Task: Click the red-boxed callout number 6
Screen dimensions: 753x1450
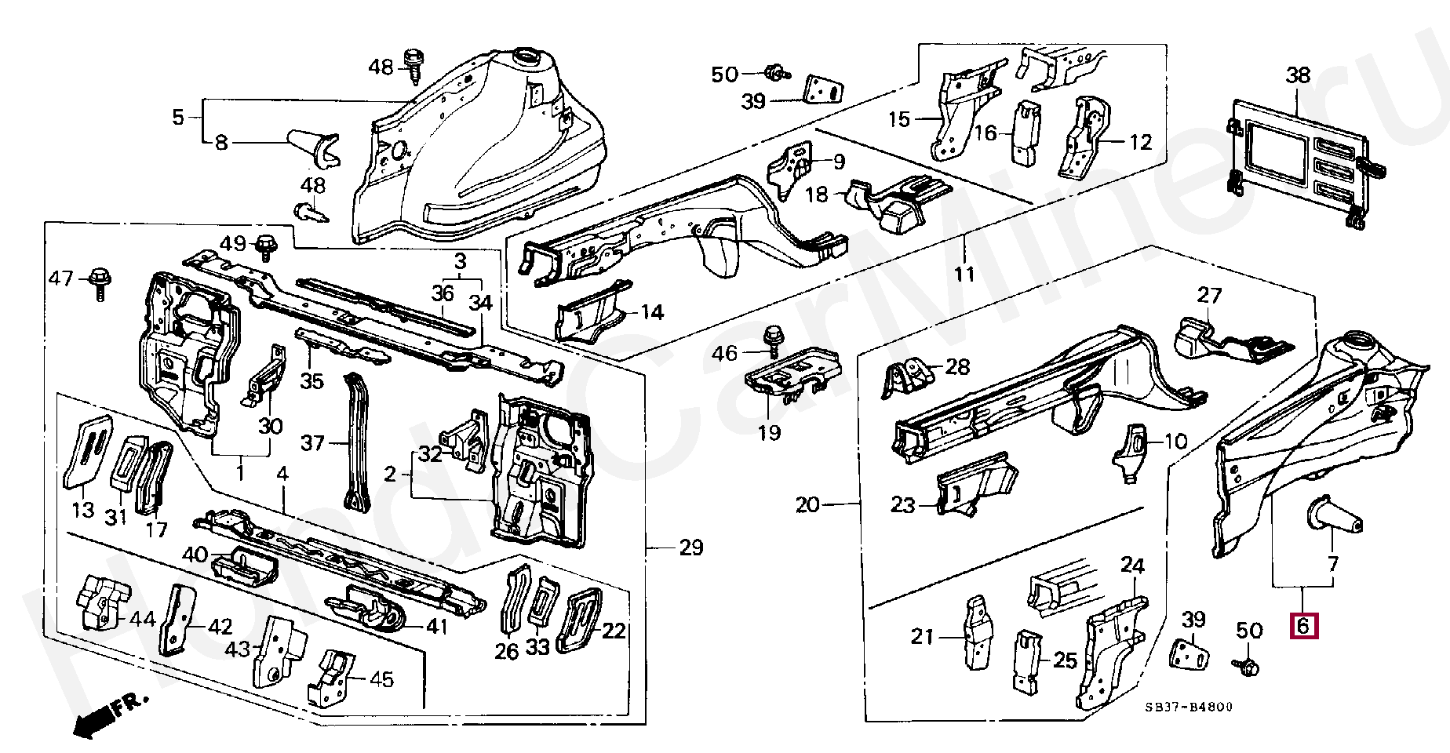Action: [1303, 626]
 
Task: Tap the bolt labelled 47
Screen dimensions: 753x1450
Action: [100, 282]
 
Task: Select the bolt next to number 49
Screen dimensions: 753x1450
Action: [266, 246]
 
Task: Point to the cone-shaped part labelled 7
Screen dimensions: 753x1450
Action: [1333, 518]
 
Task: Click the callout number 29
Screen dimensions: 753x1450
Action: [690, 547]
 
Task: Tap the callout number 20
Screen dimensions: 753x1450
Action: [807, 504]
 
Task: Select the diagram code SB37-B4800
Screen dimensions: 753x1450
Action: [1188, 707]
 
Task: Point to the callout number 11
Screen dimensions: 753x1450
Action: [964, 274]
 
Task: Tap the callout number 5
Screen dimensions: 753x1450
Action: [178, 118]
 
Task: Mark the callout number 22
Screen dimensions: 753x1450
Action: [614, 631]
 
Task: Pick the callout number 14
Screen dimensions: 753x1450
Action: [652, 312]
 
